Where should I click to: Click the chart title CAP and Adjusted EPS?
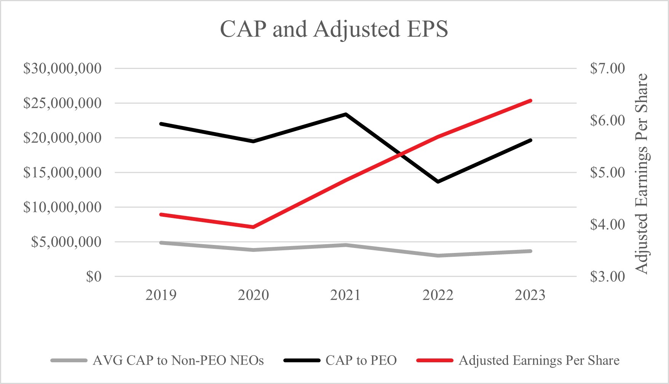(334, 29)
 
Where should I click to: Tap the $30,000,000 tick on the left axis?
(62, 69)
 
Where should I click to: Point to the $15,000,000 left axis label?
(62, 173)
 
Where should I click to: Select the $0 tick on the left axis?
(94, 277)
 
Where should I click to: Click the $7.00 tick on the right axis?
(607, 69)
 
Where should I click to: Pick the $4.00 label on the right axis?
(607, 224)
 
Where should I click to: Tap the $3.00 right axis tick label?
(607, 277)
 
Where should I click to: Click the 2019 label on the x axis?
(161, 295)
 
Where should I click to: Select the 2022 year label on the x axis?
(438, 295)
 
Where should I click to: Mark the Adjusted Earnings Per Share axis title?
(642, 173)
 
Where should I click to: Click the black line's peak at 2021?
(345, 114)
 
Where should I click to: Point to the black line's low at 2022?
(438, 182)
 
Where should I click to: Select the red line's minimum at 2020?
(253, 227)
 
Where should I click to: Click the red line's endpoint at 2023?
(530, 101)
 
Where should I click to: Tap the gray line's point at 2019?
(161, 243)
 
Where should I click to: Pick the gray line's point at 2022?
(438, 256)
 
